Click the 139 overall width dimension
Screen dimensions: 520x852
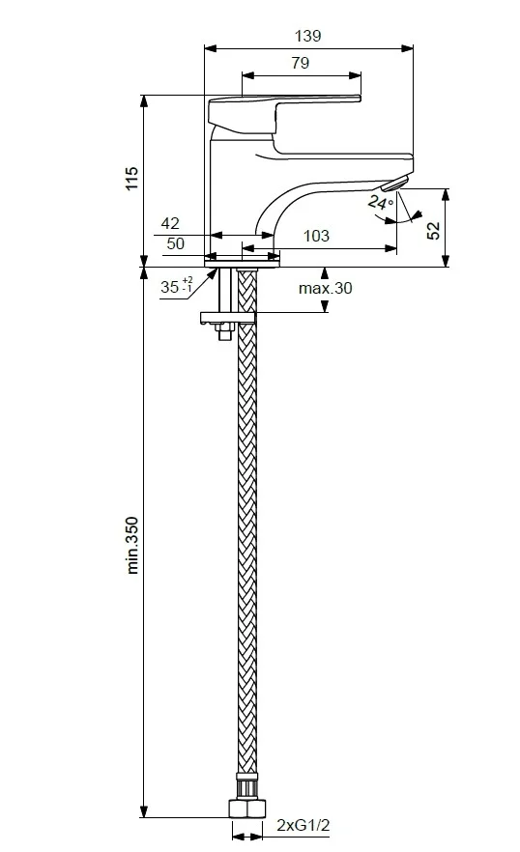(x=308, y=36)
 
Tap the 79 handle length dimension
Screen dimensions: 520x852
(x=301, y=63)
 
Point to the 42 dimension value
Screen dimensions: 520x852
(x=170, y=223)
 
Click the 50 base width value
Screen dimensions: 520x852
(x=175, y=243)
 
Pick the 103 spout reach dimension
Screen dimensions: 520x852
(x=316, y=236)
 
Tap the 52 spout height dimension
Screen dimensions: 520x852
(x=434, y=231)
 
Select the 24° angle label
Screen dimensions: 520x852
(x=380, y=202)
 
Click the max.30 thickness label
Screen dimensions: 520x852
(x=326, y=288)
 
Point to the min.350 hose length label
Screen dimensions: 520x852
(x=132, y=546)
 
